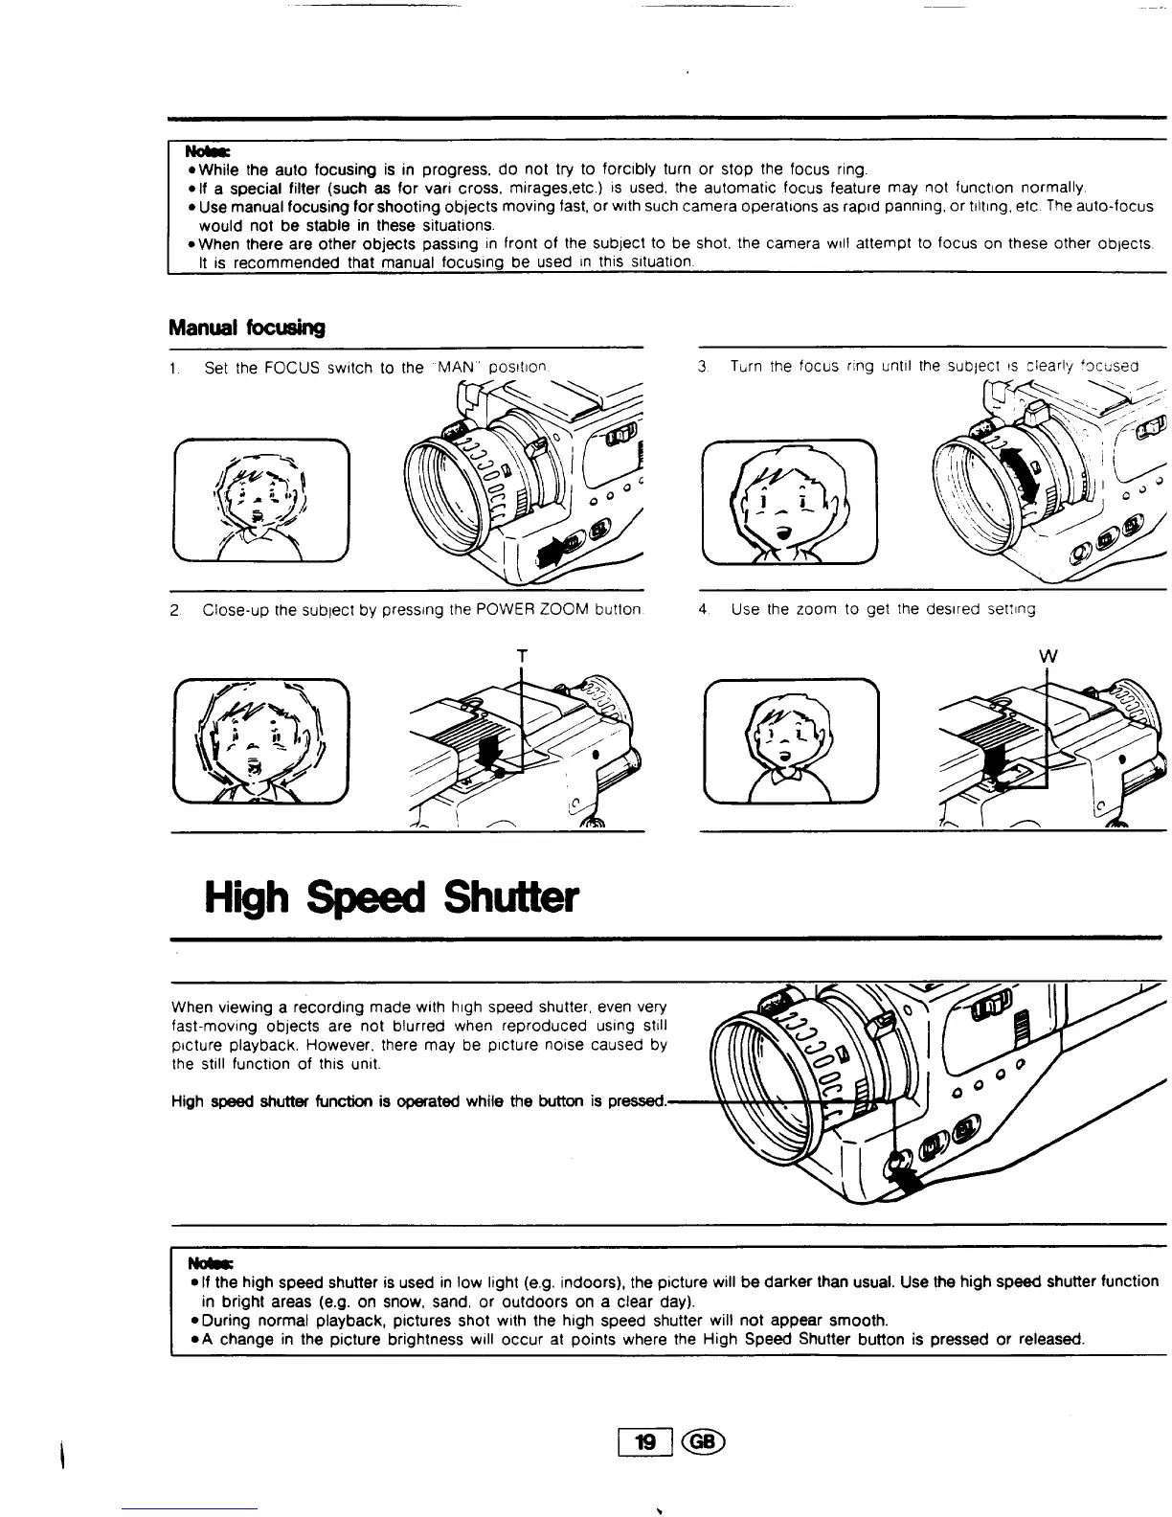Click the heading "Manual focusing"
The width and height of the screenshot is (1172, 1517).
tap(246, 328)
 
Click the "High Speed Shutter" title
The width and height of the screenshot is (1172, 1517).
tap(392, 897)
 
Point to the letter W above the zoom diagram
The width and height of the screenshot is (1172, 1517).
tap(1048, 657)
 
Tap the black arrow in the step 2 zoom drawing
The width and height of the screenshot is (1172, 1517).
tap(495, 750)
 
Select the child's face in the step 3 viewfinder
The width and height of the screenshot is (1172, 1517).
tap(788, 500)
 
